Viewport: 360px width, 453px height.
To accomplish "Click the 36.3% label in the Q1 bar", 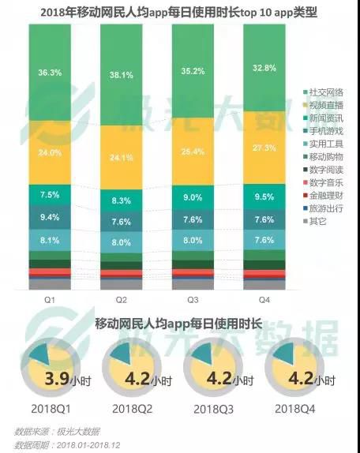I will click(49, 72).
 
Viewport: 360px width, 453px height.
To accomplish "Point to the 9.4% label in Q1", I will click(49, 217).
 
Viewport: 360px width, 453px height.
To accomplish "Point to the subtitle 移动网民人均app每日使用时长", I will click(178, 324).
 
